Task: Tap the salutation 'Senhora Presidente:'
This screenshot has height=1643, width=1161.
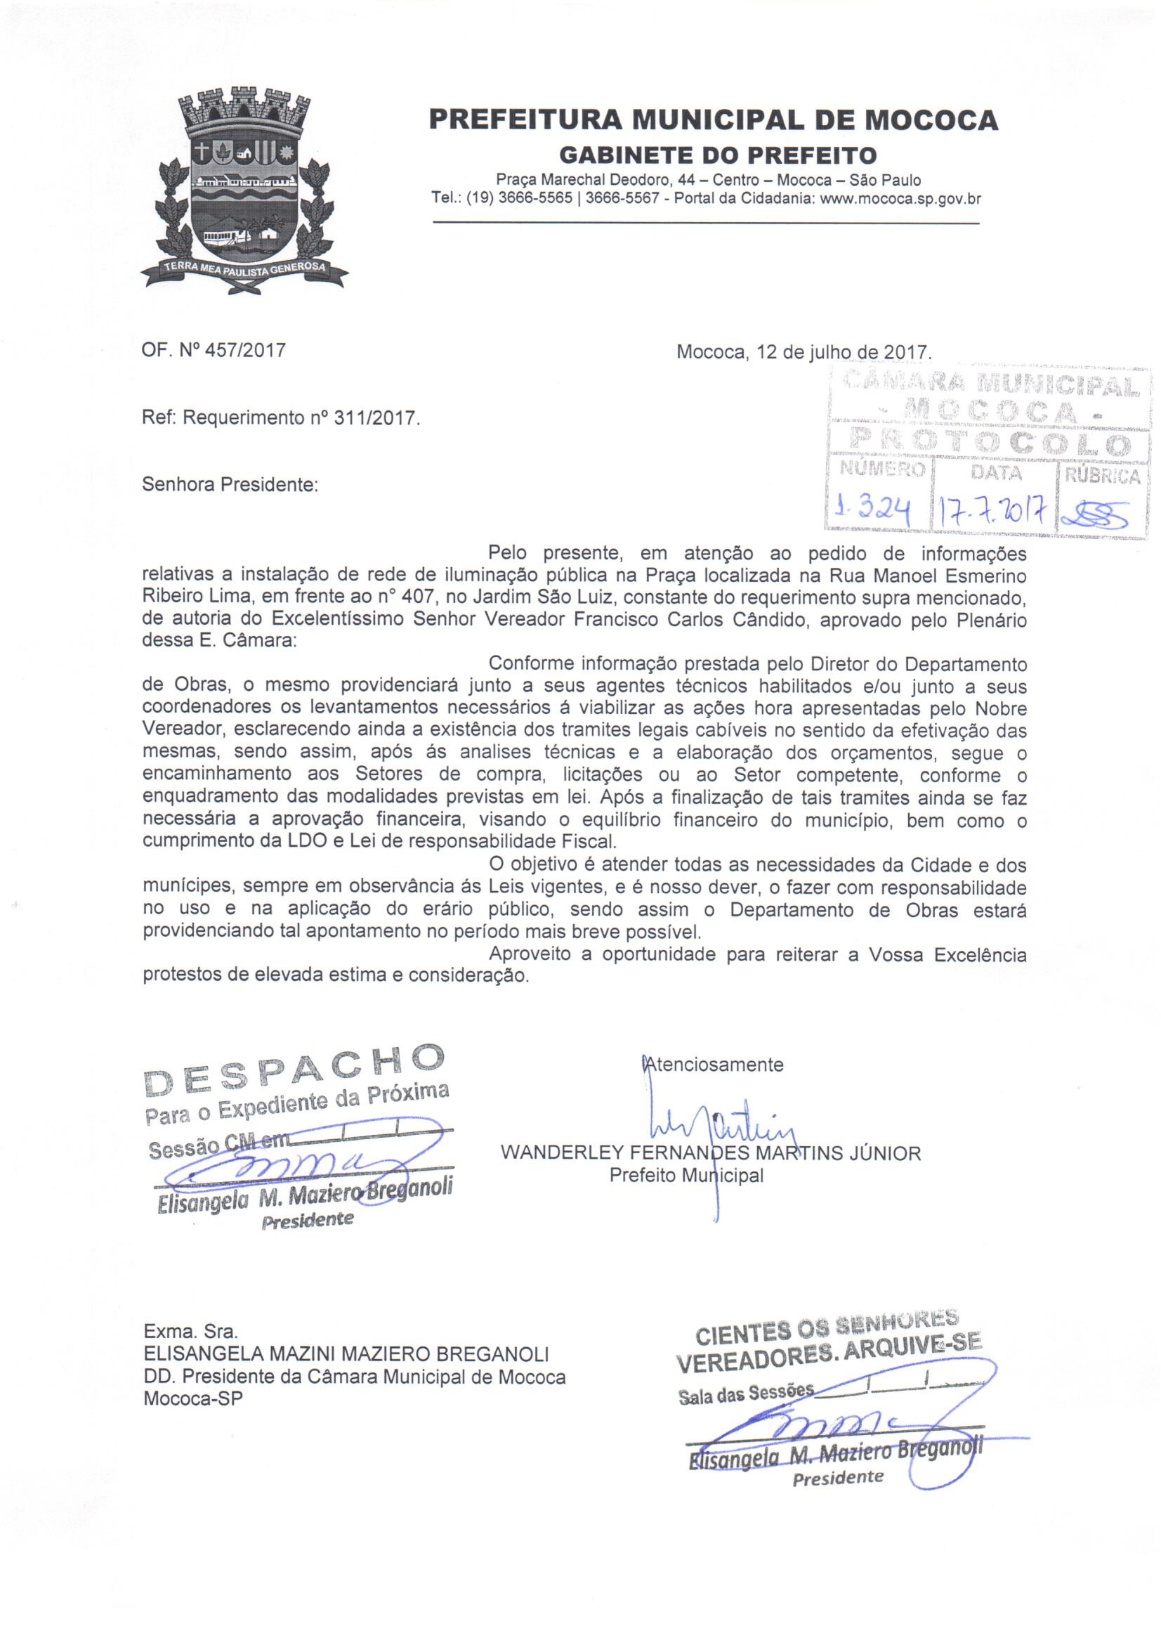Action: click(230, 484)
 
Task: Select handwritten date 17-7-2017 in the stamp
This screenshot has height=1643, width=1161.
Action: click(995, 511)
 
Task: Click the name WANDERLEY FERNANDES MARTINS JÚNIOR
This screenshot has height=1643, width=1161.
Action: click(711, 1152)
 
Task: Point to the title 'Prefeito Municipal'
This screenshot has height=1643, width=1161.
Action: click(686, 1175)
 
